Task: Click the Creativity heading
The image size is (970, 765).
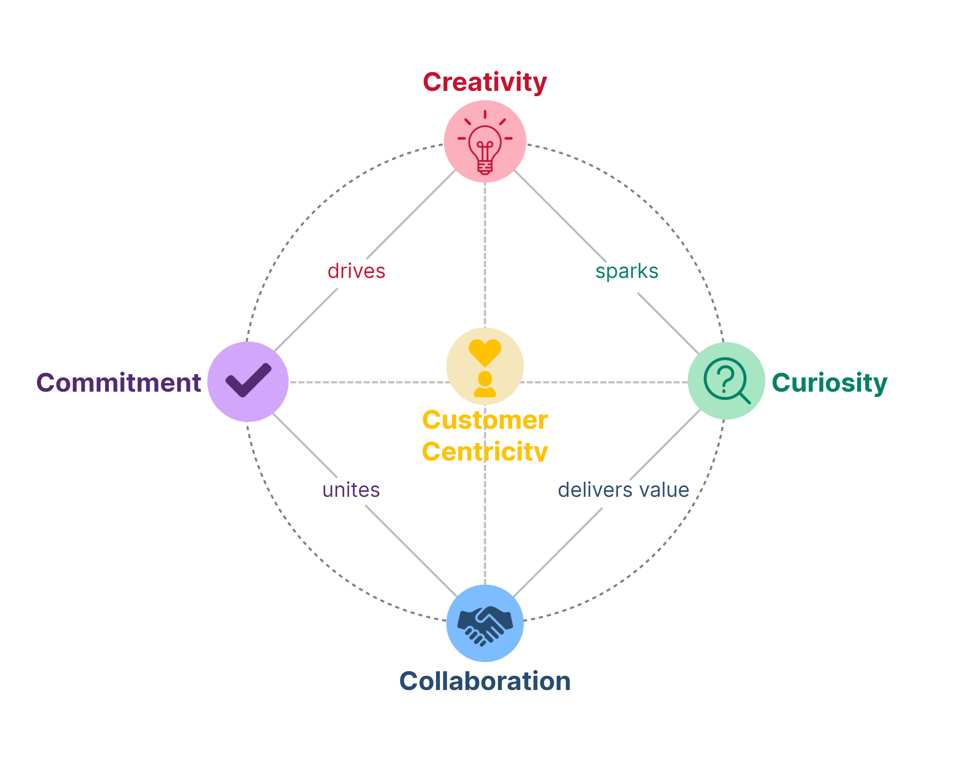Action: pyautogui.click(x=485, y=82)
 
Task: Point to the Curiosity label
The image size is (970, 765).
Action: pyautogui.click(x=829, y=383)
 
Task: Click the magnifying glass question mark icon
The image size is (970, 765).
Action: pyautogui.click(x=725, y=379)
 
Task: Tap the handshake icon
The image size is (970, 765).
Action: pyautogui.click(x=485, y=625)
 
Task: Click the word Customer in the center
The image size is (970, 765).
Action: pyautogui.click(x=485, y=420)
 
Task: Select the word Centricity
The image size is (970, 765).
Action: pyautogui.click(x=485, y=451)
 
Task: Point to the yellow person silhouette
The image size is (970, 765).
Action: pyautogui.click(x=485, y=385)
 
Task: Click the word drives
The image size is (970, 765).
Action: pyautogui.click(x=357, y=271)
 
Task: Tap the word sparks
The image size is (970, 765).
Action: pyautogui.click(x=627, y=271)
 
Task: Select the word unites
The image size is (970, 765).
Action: pyautogui.click(x=351, y=490)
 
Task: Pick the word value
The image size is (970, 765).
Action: pyautogui.click(x=664, y=490)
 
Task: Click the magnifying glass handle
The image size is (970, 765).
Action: pyautogui.click(x=745, y=398)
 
